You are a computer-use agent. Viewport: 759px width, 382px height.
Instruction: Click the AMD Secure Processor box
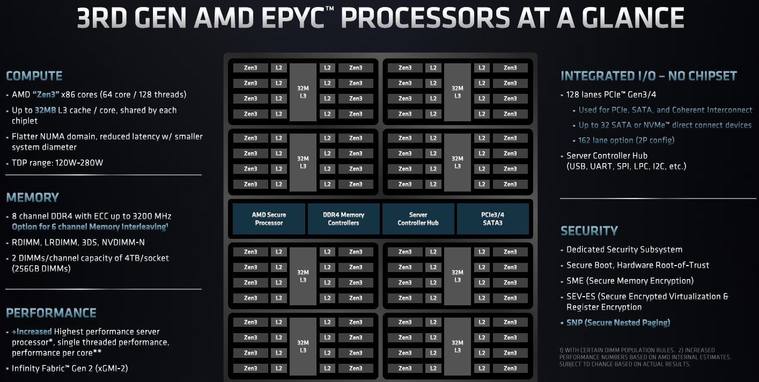[269, 218]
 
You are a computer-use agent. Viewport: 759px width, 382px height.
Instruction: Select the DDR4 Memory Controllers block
[343, 218]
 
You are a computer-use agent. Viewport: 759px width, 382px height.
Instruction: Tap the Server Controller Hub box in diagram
[418, 218]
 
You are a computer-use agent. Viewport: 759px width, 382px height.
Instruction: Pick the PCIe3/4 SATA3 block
[492, 218]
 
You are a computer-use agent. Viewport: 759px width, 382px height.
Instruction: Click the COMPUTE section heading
[34, 76]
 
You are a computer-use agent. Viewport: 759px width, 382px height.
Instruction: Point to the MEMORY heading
[33, 197]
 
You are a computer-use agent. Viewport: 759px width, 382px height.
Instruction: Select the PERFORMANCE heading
[51, 313]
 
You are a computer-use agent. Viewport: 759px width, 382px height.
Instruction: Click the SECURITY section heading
[589, 231]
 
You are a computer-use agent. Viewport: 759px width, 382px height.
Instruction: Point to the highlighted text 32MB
[45, 110]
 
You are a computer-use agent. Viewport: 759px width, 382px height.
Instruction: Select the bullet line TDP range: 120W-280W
[57, 163]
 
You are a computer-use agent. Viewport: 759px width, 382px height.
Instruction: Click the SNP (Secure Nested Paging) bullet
[618, 322]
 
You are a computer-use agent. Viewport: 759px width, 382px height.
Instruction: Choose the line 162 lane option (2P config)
[626, 141]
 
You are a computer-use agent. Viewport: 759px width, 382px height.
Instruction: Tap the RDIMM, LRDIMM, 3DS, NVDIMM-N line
[78, 243]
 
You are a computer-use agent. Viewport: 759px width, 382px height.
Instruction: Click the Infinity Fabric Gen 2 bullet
[70, 369]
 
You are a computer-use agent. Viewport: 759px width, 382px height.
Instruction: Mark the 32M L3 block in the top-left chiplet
[303, 92]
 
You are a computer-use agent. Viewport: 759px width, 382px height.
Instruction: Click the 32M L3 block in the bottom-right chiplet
[458, 347]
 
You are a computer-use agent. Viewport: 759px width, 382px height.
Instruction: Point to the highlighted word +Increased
[32, 332]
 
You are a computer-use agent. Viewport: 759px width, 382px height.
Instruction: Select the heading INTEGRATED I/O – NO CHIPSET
[649, 76]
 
